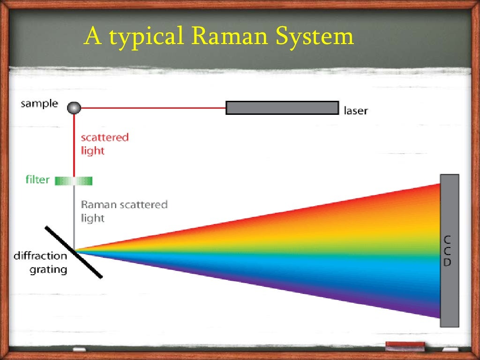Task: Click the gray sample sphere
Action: (x=74, y=108)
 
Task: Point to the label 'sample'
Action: (x=39, y=104)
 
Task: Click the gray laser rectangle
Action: (x=282, y=108)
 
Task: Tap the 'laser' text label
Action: (x=356, y=111)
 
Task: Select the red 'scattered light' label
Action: (x=104, y=144)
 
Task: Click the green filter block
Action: (x=74, y=180)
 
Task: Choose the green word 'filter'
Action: (x=37, y=180)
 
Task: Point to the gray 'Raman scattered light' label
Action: (x=124, y=211)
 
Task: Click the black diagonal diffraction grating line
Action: (x=73, y=252)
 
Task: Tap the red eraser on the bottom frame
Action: (x=405, y=346)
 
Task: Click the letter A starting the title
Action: (x=93, y=37)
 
